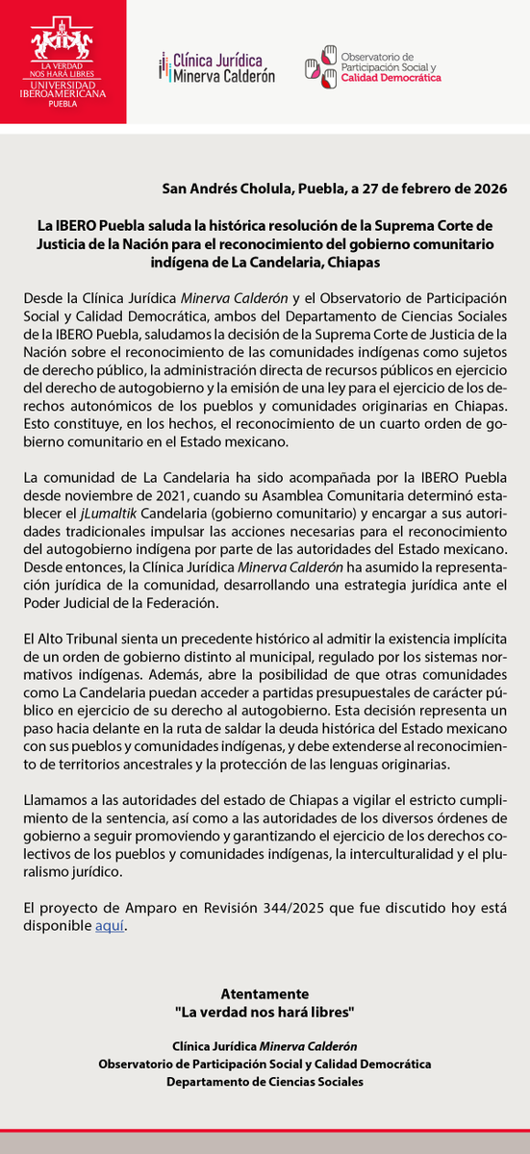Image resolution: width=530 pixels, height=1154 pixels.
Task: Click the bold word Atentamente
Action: [265, 993]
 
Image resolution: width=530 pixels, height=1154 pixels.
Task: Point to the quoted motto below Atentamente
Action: [265, 1012]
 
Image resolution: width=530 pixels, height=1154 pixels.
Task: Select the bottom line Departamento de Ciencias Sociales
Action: [265, 1082]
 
